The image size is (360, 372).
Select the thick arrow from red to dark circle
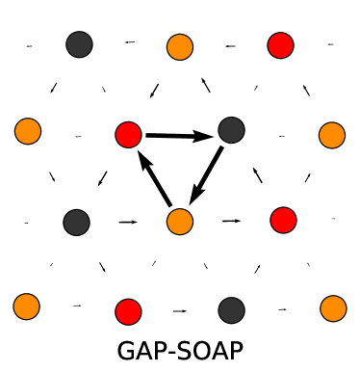click(179, 136)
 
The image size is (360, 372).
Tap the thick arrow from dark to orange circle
click(206, 175)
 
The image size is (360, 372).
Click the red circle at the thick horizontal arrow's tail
click(128, 135)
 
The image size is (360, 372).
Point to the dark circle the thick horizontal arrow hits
click(231, 129)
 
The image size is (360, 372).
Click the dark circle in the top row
click(79, 43)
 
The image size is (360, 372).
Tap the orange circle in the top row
click(179, 46)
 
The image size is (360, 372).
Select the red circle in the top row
click(280, 44)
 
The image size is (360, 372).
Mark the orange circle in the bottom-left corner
click(27, 307)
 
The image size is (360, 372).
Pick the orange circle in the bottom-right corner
click(333, 308)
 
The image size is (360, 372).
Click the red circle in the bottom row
click(128, 311)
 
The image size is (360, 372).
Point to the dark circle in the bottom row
click(231, 309)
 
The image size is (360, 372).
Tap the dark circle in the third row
click(77, 222)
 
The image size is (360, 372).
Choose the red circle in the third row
click(283, 220)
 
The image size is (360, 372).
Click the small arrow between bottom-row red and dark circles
click(179, 311)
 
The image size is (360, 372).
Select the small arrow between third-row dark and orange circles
click(128, 223)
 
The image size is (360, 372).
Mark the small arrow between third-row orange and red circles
click(231, 221)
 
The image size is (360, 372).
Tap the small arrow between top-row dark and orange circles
click(129, 42)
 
